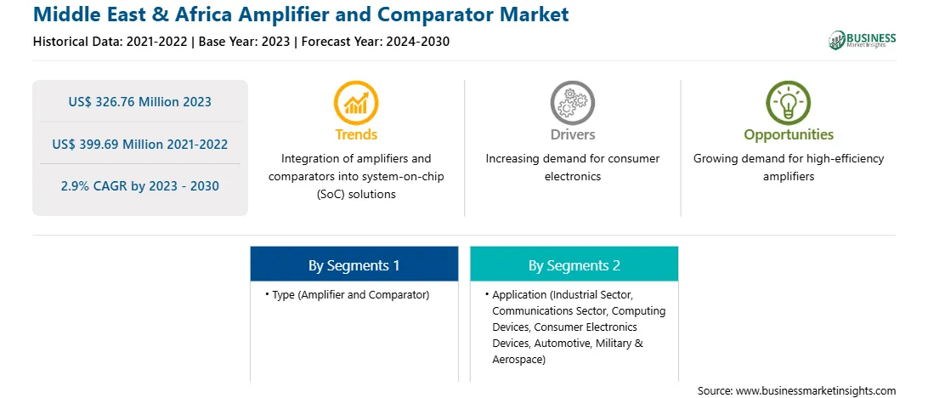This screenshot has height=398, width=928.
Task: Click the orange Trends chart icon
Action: point(356,102)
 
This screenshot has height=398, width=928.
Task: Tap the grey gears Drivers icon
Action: point(572,102)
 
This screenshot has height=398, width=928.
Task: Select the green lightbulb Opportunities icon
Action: point(789,102)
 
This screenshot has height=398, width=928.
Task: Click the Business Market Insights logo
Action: point(863,40)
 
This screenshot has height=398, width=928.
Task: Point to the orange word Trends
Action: point(356,134)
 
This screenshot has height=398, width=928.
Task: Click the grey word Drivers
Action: point(572,134)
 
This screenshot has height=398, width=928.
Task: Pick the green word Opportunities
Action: point(789,135)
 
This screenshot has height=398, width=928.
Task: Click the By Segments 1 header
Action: point(354,265)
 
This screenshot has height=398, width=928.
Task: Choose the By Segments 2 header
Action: point(574,265)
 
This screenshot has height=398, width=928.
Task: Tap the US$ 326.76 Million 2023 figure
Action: point(139,102)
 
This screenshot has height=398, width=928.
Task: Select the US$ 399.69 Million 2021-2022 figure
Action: point(139,144)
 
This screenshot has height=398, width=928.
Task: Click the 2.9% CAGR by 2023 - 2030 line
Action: point(139,186)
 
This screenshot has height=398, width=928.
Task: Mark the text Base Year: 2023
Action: point(245,42)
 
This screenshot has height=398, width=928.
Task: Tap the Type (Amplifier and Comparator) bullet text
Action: point(350,294)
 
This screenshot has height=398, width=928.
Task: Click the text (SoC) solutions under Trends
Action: point(356,194)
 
